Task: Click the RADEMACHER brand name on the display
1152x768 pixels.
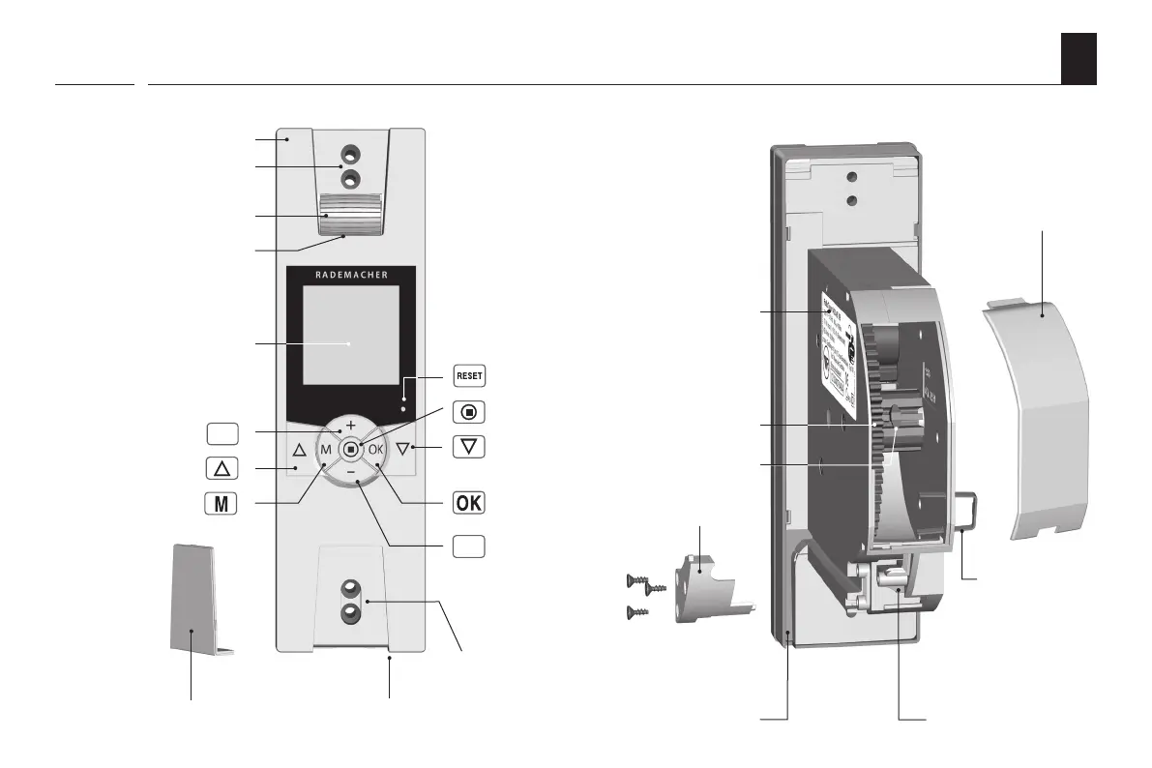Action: coord(351,275)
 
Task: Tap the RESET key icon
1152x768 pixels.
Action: coord(469,375)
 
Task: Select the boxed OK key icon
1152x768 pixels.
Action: coord(469,504)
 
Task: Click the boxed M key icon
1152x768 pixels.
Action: coord(222,504)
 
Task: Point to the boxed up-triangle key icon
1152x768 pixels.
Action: coord(222,468)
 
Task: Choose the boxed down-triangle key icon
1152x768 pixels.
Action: coord(469,448)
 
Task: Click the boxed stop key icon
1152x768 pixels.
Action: coord(469,411)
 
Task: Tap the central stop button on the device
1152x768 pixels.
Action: coord(351,449)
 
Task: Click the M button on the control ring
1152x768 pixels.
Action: coord(326,450)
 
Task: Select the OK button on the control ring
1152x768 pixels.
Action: coord(376,450)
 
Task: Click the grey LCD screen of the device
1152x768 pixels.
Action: coord(350,335)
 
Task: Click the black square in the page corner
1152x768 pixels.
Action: coord(1078,58)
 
